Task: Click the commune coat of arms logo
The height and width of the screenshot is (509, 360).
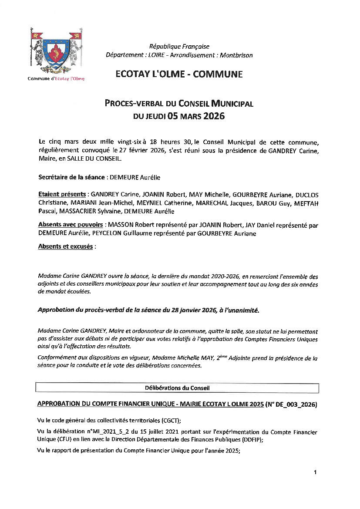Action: [56, 51]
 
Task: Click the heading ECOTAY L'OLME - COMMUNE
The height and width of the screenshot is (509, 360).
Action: [179, 74]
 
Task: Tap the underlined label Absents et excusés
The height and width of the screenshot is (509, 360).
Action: [65, 246]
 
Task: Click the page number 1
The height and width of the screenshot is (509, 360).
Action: [315, 472]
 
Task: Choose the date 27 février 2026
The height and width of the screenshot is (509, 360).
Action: [139, 151]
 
